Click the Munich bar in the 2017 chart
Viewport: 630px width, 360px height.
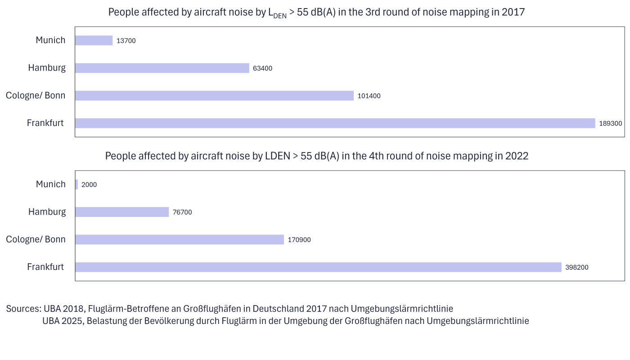[94, 40]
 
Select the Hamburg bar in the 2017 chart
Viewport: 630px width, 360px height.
[162, 68]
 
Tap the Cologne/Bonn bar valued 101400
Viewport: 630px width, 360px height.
[214, 95]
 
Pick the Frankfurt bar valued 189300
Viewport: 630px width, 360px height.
[335, 123]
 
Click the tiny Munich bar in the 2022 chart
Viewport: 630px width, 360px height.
[76, 184]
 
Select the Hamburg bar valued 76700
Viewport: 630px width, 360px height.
[122, 212]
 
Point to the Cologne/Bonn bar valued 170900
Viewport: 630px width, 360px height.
[180, 239]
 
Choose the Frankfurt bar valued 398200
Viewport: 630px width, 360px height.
[318, 267]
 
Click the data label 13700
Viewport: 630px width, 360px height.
[126, 41]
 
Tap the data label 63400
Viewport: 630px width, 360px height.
[262, 68]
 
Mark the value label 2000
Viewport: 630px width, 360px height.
[89, 185]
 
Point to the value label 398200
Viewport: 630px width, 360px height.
[577, 267]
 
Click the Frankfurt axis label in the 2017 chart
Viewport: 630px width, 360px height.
[45, 123]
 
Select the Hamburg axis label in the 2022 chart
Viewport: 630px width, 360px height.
[47, 211]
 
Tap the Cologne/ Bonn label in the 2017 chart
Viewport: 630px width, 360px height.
[36, 95]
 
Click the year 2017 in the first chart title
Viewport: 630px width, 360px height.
[513, 12]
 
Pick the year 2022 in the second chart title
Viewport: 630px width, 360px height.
[517, 156]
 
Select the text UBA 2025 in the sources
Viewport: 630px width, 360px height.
[63, 321]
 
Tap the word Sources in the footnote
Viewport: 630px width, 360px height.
[23, 309]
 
